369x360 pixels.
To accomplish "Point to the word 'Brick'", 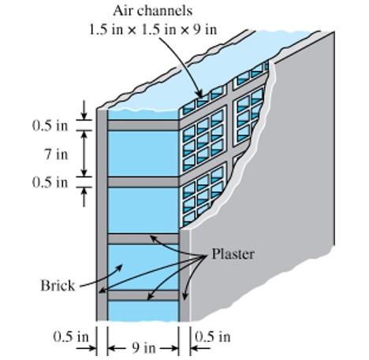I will (x=57, y=284).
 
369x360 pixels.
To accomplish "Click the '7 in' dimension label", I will (x=52, y=154).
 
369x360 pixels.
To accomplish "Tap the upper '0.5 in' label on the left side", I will (x=49, y=125).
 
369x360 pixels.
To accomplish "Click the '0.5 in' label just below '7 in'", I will (x=49, y=182).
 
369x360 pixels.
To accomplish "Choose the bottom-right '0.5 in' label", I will (x=212, y=336).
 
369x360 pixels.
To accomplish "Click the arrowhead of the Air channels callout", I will (x=199, y=95).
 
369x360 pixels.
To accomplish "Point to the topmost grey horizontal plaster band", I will (x=143, y=124).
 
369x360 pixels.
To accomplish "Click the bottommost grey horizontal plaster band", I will (x=143, y=295).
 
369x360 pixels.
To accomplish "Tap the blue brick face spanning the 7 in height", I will (x=143, y=153).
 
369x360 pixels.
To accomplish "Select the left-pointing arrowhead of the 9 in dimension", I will (x=111, y=347).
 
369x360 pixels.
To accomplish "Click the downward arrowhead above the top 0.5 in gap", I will (x=85, y=116).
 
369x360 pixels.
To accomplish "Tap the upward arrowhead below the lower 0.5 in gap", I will (x=85, y=192).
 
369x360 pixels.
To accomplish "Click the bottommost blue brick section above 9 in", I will (x=143, y=310).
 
